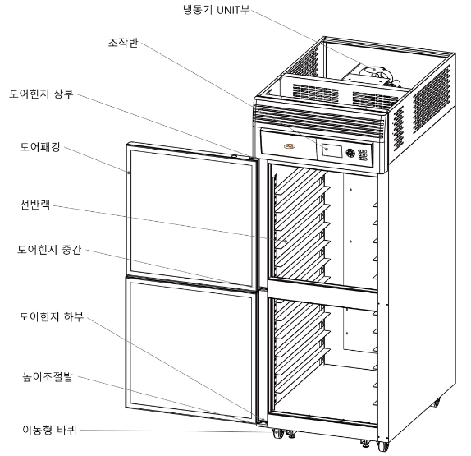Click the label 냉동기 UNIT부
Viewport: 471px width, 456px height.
tap(217, 10)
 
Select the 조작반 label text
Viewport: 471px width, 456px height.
tap(123, 43)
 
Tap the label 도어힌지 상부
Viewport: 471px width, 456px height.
tap(41, 94)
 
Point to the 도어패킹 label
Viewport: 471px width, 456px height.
tap(40, 146)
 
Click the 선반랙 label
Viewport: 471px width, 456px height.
tap(34, 205)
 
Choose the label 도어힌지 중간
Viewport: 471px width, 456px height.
tap(49, 249)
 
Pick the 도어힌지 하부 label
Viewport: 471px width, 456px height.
tap(52, 316)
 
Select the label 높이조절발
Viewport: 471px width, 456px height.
tap(48, 376)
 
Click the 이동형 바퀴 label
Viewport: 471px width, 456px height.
tap(49, 430)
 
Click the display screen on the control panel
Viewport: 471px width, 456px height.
tap(332, 150)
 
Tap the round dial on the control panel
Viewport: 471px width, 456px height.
tap(350, 153)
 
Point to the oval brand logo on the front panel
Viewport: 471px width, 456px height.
tap(290, 146)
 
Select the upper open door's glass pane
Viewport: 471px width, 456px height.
tap(191, 218)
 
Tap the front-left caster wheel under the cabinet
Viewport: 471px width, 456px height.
tap(277, 434)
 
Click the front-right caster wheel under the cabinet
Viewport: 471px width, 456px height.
tap(382, 445)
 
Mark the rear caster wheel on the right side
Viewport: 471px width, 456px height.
tap(437, 402)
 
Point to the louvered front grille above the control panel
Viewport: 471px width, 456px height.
tap(319, 118)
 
